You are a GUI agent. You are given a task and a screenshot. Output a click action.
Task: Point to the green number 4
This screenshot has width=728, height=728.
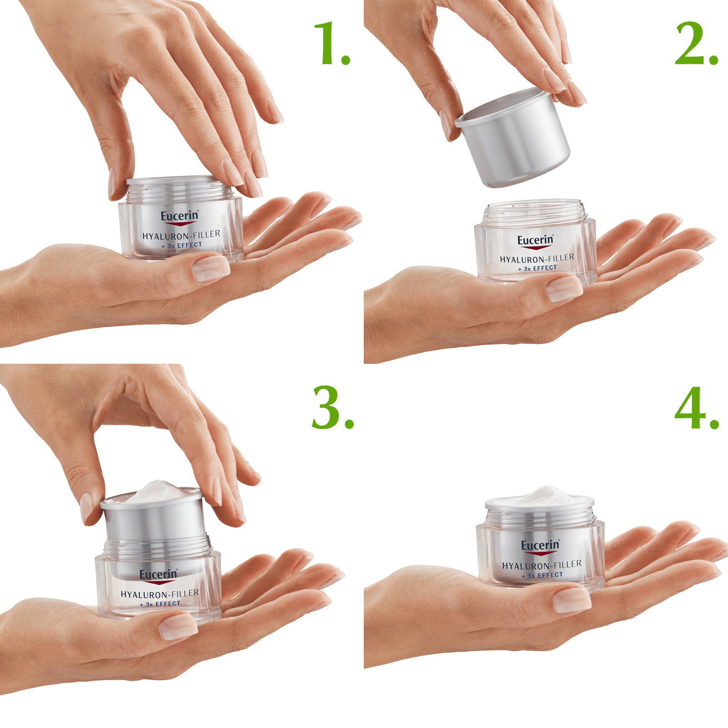point(691,408)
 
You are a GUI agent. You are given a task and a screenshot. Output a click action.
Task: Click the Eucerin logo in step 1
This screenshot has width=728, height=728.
point(180,217)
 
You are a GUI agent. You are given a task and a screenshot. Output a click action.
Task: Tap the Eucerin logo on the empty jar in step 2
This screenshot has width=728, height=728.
point(536,240)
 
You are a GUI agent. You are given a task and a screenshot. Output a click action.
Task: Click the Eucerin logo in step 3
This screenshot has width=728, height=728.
point(158,575)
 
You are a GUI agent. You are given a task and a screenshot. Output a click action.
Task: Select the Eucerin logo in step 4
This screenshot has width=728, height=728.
point(540,546)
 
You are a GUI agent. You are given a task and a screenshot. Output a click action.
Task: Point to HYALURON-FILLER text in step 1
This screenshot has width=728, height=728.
point(181,235)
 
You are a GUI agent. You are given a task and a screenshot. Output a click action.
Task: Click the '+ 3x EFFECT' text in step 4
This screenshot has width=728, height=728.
point(542,576)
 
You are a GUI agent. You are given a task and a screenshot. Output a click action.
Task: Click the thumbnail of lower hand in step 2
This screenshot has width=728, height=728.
point(564,289)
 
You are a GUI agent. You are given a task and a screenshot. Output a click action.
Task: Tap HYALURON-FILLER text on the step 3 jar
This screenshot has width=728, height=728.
point(159,594)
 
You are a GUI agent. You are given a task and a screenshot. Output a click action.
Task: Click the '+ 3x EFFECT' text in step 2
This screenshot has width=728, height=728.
point(537,268)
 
